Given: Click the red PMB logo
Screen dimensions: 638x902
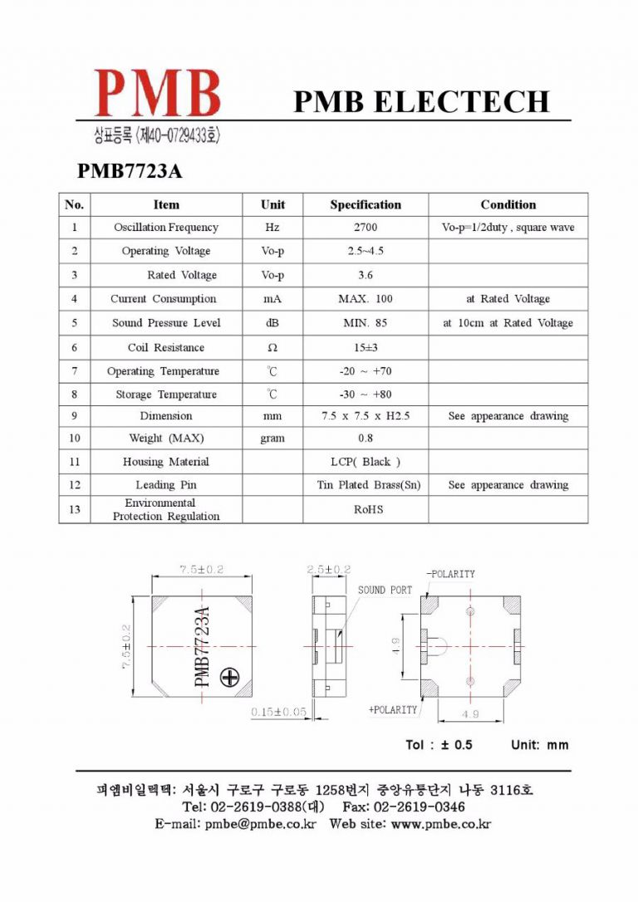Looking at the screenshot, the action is click(158, 92).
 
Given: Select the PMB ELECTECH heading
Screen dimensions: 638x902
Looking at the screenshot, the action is click(421, 101).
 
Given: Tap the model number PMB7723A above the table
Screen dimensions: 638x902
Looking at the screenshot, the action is click(129, 171).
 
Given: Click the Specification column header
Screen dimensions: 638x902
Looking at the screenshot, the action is click(366, 204).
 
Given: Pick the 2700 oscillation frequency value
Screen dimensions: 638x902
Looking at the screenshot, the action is click(366, 228).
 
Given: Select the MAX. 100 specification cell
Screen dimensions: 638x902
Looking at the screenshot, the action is click(366, 299).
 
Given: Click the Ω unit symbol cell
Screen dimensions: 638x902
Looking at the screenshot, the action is click(272, 347).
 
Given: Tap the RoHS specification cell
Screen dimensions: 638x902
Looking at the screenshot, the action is click(366, 509).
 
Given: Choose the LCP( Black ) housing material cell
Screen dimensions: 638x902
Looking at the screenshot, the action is click(366, 462).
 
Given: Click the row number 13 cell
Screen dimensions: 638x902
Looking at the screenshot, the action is click(75, 509).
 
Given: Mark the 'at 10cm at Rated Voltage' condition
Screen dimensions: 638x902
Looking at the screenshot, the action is click(508, 323).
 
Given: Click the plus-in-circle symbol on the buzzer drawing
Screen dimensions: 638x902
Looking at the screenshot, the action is click(229, 679).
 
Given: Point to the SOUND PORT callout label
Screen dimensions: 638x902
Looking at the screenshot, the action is click(385, 590).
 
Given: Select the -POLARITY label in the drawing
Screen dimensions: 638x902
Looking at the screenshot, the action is click(451, 574).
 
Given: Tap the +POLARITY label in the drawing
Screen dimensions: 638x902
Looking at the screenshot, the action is click(393, 710).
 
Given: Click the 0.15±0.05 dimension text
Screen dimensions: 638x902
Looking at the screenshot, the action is click(278, 712).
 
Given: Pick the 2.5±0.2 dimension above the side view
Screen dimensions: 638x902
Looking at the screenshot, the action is click(329, 569).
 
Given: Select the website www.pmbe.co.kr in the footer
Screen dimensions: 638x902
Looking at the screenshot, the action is click(440, 824).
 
